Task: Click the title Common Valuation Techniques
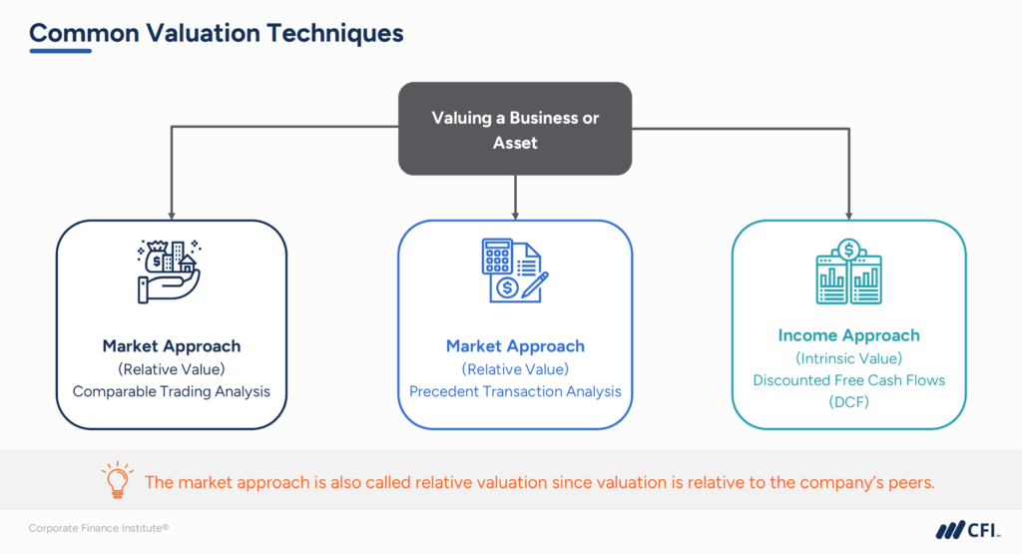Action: coord(217,33)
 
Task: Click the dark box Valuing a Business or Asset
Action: coord(515,130)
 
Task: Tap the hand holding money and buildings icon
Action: coord(171,270)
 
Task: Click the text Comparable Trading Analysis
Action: coord(172,391)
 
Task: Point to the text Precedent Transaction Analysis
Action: coord(515,391)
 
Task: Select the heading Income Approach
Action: coord(848,335)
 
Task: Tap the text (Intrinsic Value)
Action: coord(848,357)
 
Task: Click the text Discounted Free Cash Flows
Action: coord(848,379)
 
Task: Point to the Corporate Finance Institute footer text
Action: coord(98,528)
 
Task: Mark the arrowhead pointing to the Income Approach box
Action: coord(848,214)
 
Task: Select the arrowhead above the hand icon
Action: coord(172,214)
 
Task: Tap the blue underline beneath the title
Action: coord(60,51)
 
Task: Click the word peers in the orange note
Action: coord(908,482)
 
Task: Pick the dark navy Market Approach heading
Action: coord(172,346)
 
